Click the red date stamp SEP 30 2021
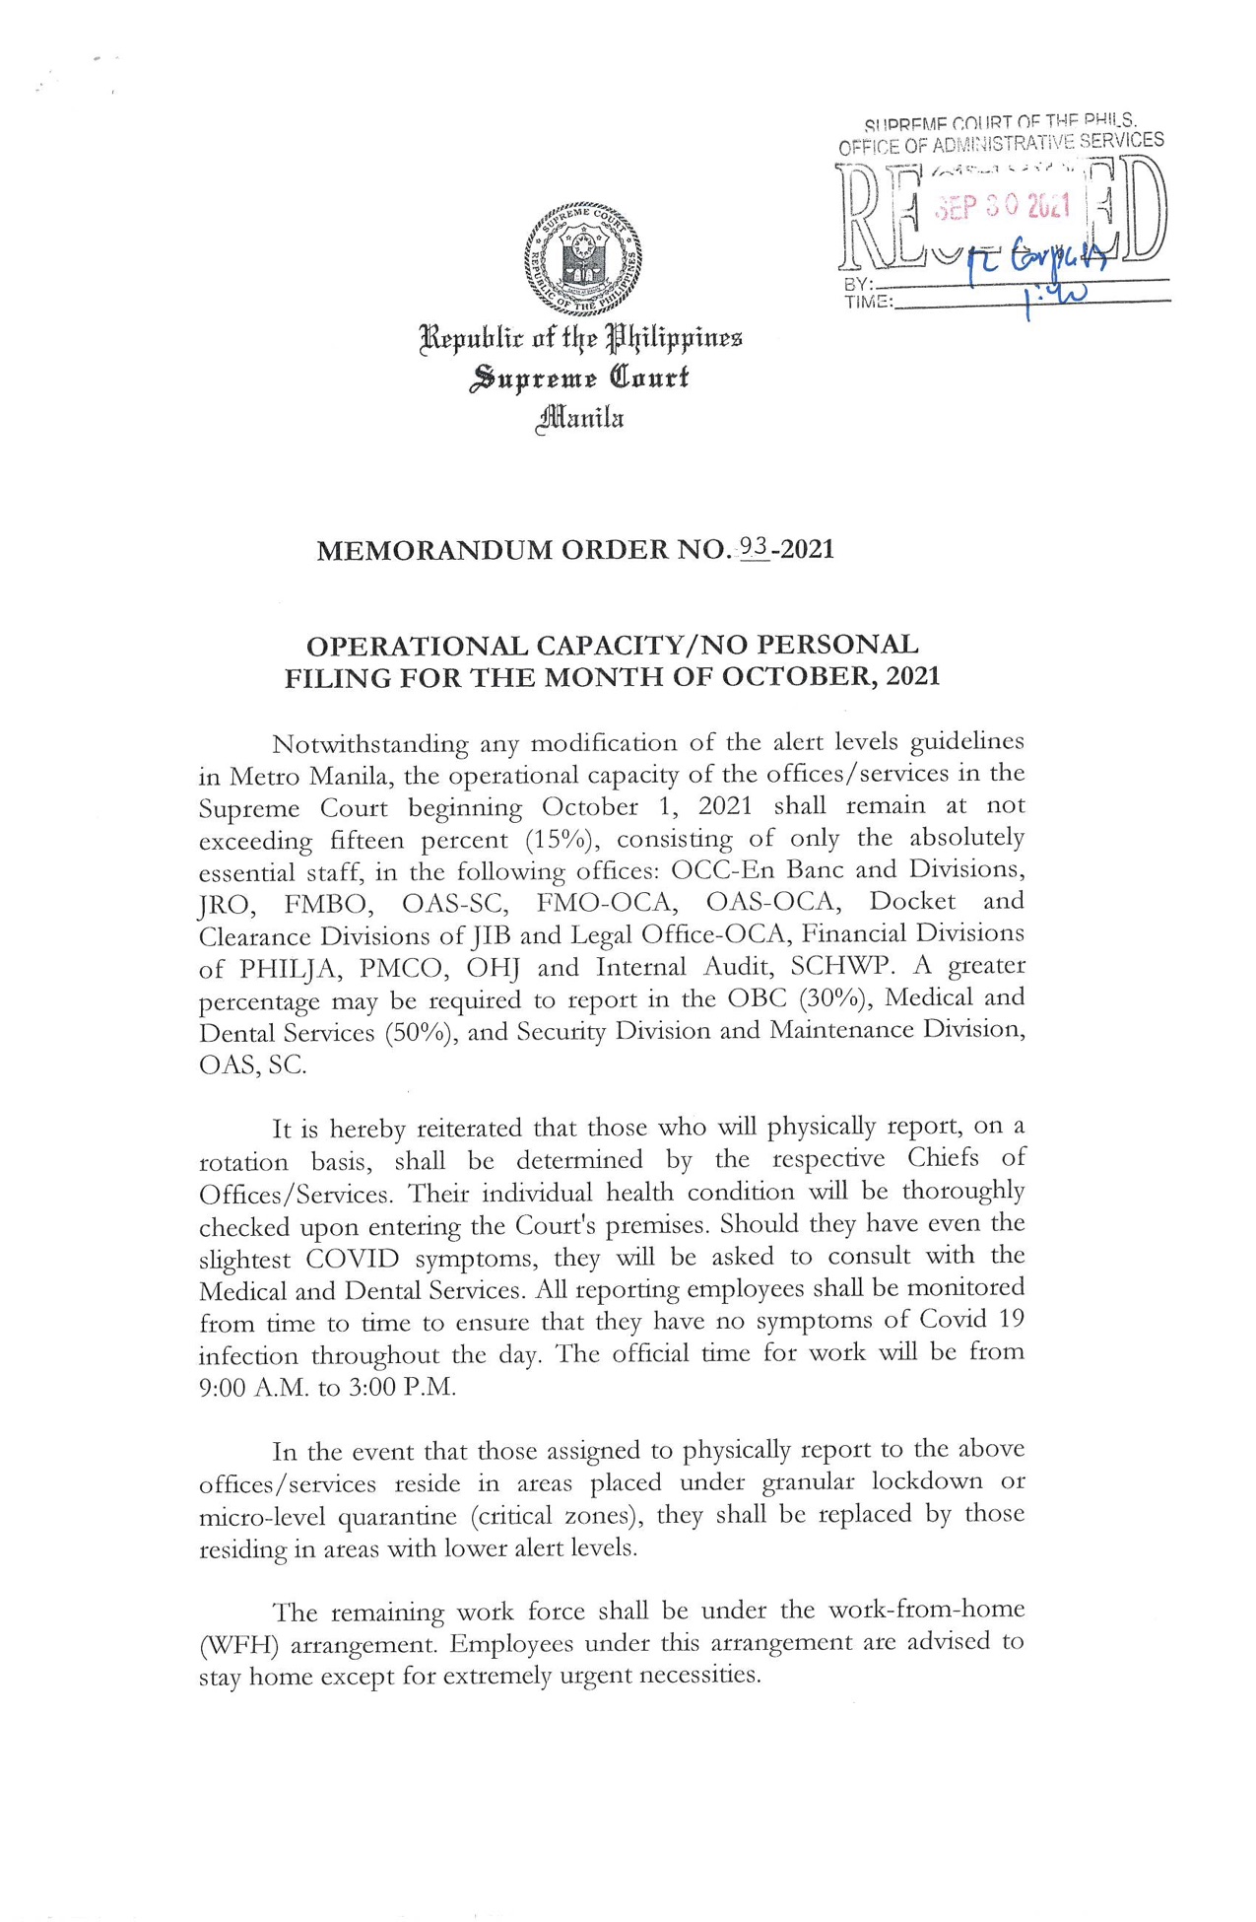click(1001, 206)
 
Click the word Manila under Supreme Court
click(580, 419)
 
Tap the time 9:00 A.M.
click(245, 1387)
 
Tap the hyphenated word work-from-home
click(926, 1611)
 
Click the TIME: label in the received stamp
click(867, 302)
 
